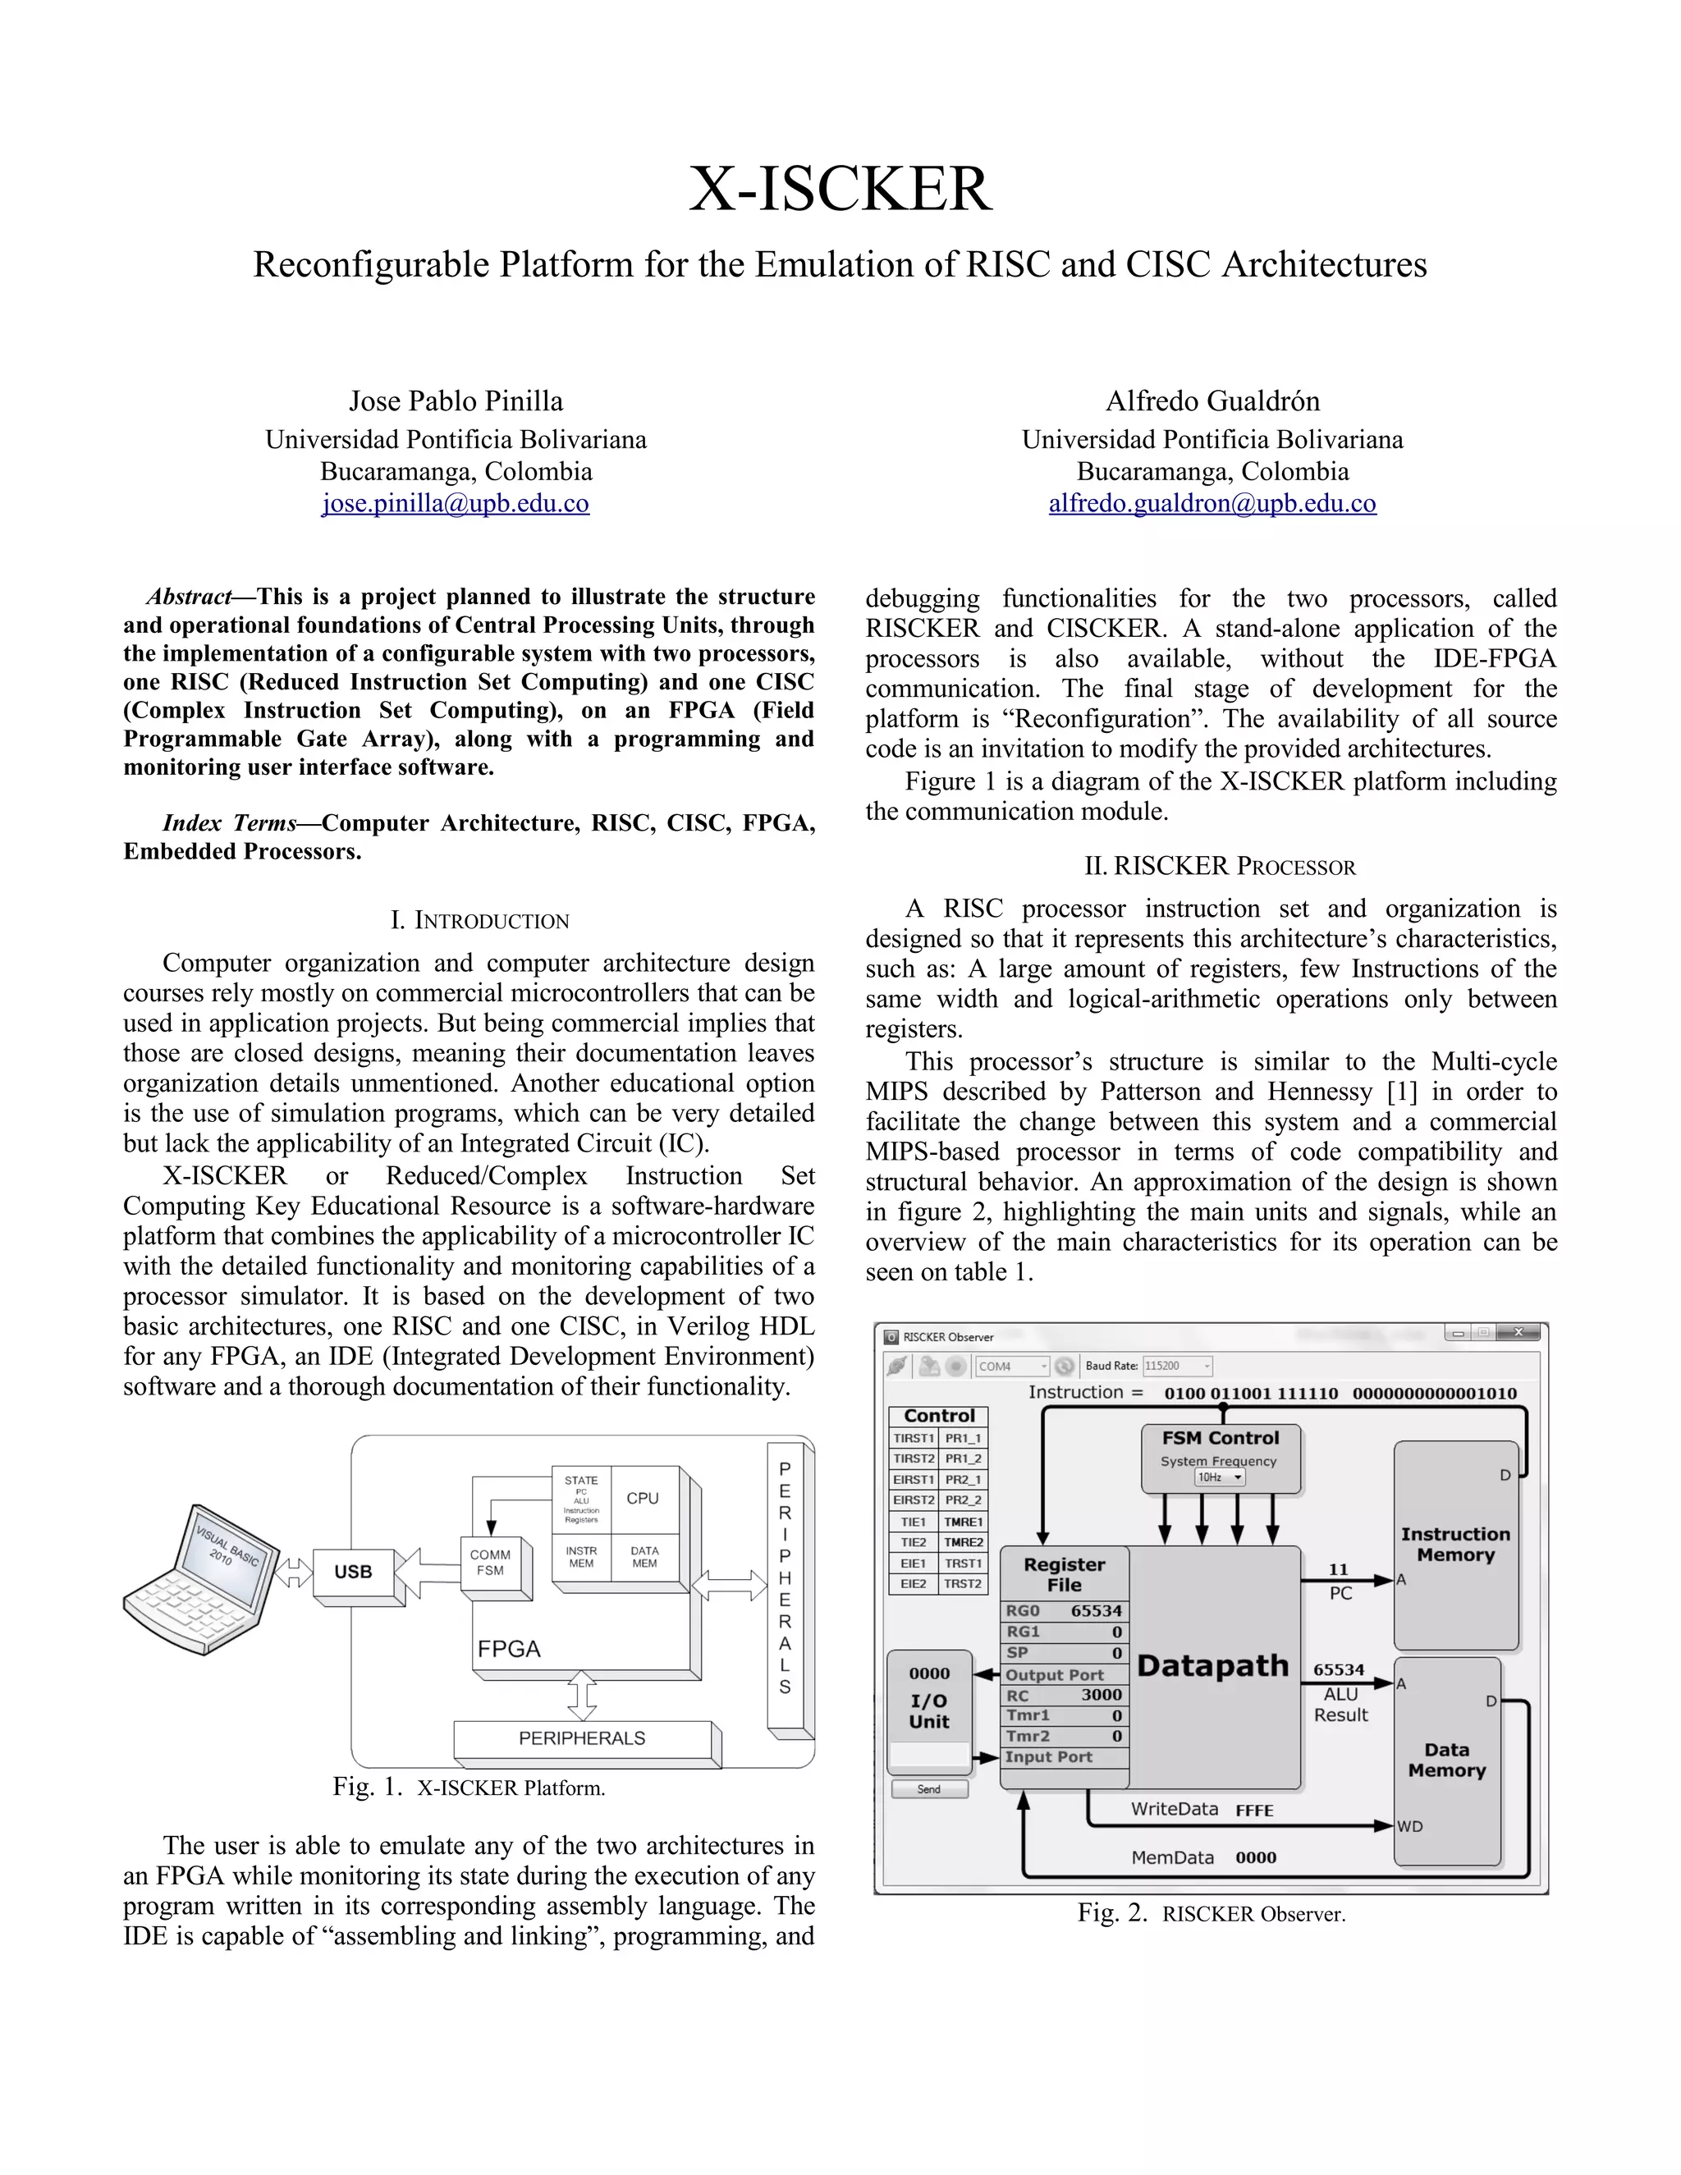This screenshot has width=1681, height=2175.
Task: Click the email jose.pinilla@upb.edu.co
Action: point(455,503)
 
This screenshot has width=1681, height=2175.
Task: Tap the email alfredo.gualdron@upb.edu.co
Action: point(1212,503)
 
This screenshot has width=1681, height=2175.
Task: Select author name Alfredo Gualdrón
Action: point(1212,401)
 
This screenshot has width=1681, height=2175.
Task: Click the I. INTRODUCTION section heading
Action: point(479,920)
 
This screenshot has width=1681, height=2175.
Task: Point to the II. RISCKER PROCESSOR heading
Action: point(1219,867)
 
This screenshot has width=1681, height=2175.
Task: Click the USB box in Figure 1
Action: point(354,1572)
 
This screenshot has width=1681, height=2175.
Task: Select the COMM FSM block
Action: point(490,1563)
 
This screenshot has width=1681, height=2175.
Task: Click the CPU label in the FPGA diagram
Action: point(643,1499)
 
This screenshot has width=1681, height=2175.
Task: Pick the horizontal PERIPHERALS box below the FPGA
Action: point(583,1738)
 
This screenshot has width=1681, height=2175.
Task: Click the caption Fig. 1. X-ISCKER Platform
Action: point(469,1788)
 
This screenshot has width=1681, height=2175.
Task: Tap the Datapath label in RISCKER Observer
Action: point(1212,1665)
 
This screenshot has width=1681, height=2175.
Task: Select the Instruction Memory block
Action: point(1455,1545)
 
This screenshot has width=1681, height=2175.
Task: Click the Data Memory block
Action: point(1446,1760)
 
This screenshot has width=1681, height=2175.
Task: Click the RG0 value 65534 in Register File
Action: point(1096,1610)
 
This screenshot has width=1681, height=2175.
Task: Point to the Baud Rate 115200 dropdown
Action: point(1176,1367)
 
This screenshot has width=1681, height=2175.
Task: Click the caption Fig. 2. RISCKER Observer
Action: point(1211,1913)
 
